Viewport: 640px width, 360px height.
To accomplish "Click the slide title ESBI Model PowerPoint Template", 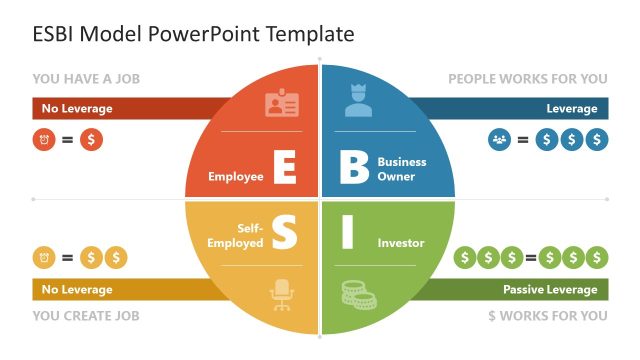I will pos(194,34).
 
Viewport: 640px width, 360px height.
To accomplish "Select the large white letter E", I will pos(284,168).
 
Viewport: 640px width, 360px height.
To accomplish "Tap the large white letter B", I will pos(354,168).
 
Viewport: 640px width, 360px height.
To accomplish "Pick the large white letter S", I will pos(284,234).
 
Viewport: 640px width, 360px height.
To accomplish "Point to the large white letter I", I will pos(348,234).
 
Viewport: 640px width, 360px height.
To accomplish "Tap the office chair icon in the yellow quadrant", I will pos(281,295).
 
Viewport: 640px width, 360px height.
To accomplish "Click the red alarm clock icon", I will pos(43,140).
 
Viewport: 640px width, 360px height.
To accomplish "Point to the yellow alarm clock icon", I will pos(43,257).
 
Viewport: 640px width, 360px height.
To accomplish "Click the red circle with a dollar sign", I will pos(91,140).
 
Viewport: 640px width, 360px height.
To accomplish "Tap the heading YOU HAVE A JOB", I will pos(85,78).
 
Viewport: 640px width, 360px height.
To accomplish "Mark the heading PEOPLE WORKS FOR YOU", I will pos(527,78).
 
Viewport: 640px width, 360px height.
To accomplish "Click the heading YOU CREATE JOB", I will pos(86,316).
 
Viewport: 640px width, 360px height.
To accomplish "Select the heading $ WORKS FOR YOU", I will pos(547,316).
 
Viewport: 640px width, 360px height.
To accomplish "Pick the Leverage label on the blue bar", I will pos(571,108).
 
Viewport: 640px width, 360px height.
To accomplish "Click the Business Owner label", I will pos(402,169).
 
